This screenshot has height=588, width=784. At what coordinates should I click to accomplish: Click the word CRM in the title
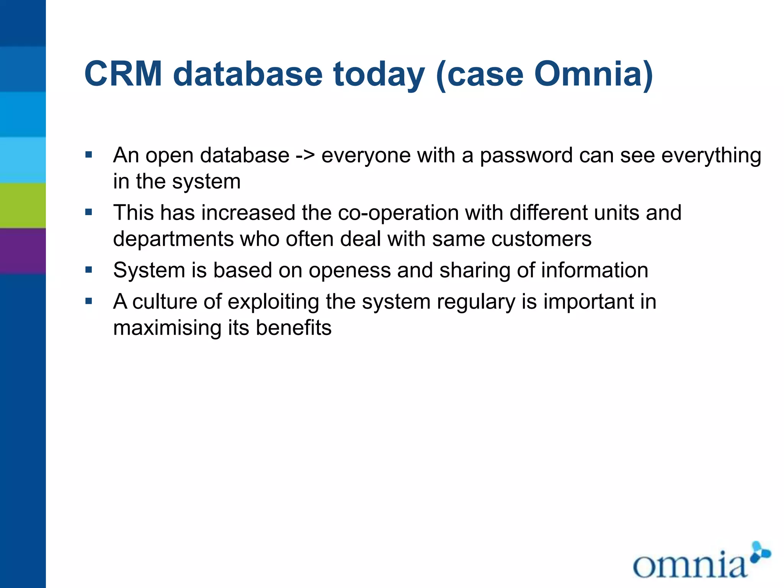(x=123, y=74)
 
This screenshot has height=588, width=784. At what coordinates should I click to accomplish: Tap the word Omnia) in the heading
(x=593, y=74)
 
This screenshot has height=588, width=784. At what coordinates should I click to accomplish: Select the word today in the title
(x=379, y=75)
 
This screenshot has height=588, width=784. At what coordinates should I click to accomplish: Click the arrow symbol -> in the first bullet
(x=305, y=156)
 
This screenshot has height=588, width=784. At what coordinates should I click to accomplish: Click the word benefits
(x=294, y=328)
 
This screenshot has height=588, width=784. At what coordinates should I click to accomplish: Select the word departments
(x=173, y=239)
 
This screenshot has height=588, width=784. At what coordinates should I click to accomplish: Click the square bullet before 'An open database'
(x=89, y=155)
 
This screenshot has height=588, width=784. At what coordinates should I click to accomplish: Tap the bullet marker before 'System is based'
(x=89, y=270)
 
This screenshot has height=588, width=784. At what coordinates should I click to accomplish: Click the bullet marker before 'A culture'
(x=89, y=301)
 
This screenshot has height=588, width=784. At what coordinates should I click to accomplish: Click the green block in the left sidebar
(x=23, y=206)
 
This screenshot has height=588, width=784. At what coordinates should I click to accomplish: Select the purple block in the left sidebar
(x=23, y=251)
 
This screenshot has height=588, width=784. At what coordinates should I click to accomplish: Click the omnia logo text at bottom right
(x=689, y=565)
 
